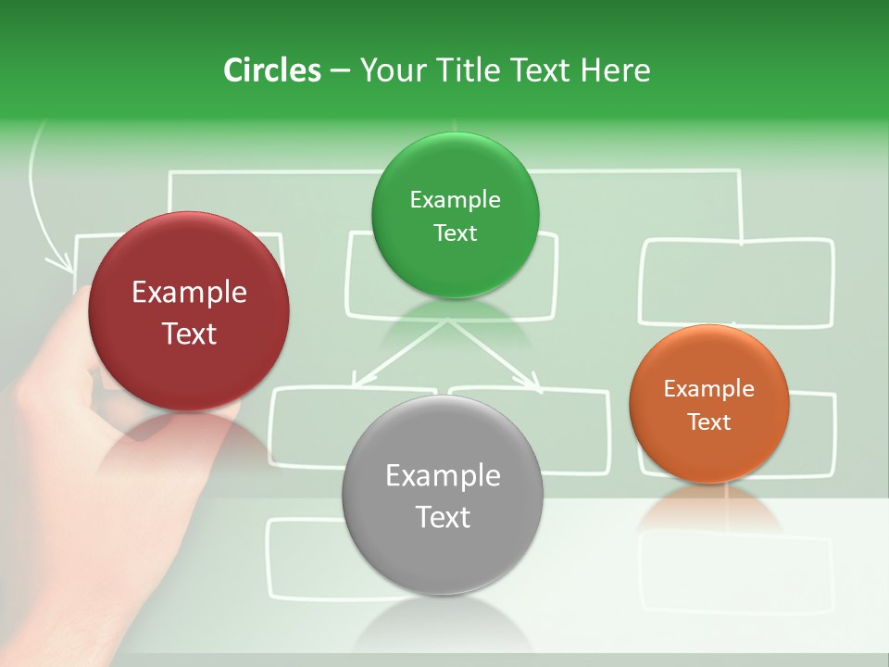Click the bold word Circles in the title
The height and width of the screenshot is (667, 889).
coord(271,70)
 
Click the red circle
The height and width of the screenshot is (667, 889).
coord(189,312)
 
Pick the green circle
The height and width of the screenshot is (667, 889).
coord(455,216)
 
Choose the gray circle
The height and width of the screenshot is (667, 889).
coord(442,496)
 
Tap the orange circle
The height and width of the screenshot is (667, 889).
coord(708,404)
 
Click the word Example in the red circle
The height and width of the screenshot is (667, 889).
coord(189,293)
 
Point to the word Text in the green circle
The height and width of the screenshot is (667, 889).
coord(455,233)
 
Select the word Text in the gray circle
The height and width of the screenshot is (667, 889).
coord(443,517)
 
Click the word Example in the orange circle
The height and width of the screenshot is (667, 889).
coord(708,389)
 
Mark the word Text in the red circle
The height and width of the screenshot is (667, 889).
coord(189,333)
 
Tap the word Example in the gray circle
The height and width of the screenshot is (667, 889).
coord(443,476)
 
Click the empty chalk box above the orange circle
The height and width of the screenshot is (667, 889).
coord(736,283)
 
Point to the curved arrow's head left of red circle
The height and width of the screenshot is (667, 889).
coord(67,264)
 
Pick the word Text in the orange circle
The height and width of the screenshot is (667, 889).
coord(708,422)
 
